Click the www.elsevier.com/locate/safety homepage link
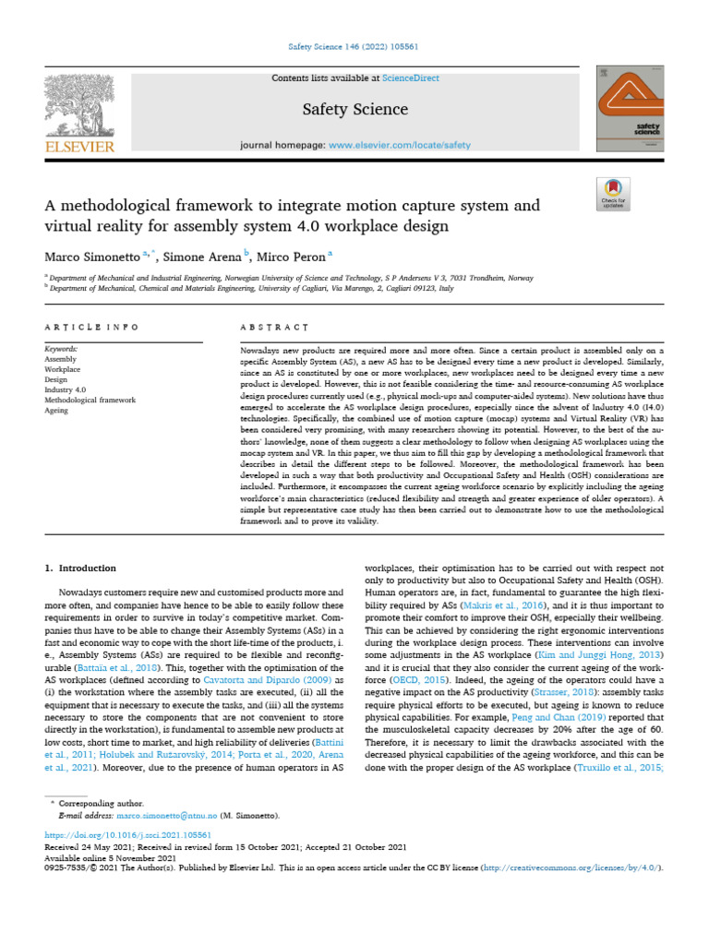tap(400, 145)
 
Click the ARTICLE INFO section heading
tap(92, 328)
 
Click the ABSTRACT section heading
tap(273, 328)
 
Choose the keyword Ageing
tap(57, 411)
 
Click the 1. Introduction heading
tap(81, 568)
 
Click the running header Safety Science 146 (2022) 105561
tap(354, 46)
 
